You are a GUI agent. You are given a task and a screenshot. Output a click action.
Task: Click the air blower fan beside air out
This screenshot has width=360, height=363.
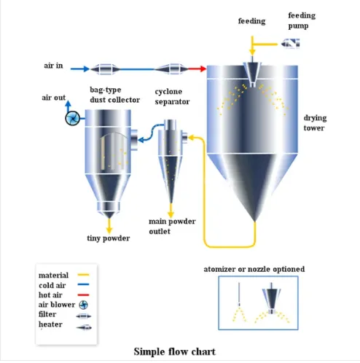(x=72, y=118)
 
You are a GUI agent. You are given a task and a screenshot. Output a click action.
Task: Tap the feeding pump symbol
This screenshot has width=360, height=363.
(x=290, y=44)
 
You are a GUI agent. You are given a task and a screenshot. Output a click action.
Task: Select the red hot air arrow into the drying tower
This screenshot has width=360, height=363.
(x=197, y=69)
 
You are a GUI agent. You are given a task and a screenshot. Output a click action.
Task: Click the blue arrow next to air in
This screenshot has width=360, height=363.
(x=80, y=69)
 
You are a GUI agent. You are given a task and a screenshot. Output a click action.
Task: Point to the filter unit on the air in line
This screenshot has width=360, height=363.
(x=106, y=69)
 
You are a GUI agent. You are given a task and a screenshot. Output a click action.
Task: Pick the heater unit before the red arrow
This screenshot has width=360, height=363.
(x=171, y=69)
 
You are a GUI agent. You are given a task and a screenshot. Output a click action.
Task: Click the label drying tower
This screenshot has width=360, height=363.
(x=315, y=122)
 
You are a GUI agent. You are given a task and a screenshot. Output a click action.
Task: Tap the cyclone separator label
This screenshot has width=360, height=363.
(x=172, y=96)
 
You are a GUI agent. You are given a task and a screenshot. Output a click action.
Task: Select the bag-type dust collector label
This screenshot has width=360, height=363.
(x=114, y=95)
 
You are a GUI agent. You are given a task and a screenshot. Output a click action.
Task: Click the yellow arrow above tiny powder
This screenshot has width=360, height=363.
(x=109, y=226)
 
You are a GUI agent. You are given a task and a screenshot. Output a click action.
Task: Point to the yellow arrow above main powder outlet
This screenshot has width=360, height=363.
(x=171, y=211)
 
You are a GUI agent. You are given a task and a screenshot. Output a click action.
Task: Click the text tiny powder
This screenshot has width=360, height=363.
(x=109, y=238)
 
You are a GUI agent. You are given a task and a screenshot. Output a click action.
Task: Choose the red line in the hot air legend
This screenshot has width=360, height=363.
(x=83, y=295)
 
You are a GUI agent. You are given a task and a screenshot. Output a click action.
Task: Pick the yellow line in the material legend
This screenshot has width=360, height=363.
(x=83, y=275)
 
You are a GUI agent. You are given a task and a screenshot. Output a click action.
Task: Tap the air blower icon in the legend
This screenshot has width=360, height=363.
(x=83, y=305)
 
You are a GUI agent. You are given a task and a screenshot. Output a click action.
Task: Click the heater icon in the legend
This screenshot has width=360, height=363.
(x=84, y=327)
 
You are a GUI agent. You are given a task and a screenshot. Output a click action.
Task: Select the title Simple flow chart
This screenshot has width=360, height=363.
(x=175, y=351)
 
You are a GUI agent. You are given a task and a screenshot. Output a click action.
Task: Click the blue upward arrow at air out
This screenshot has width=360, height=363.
(x=69, y=106)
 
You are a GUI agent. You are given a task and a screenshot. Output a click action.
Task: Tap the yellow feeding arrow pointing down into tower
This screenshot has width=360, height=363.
(x=252, y=46)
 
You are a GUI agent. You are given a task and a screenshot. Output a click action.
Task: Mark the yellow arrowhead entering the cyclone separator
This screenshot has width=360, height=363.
(x=191, y=138)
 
